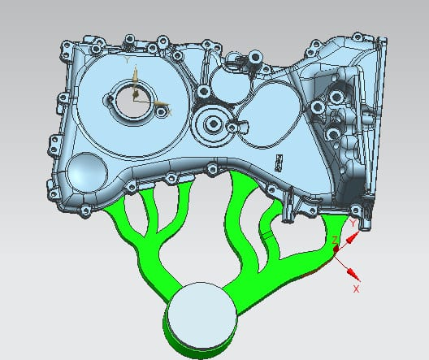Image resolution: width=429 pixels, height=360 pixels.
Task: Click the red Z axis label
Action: pos(335,240)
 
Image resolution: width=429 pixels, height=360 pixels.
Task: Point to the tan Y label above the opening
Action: pos(128,59)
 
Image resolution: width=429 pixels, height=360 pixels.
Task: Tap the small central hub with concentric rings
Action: pos(214,124)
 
